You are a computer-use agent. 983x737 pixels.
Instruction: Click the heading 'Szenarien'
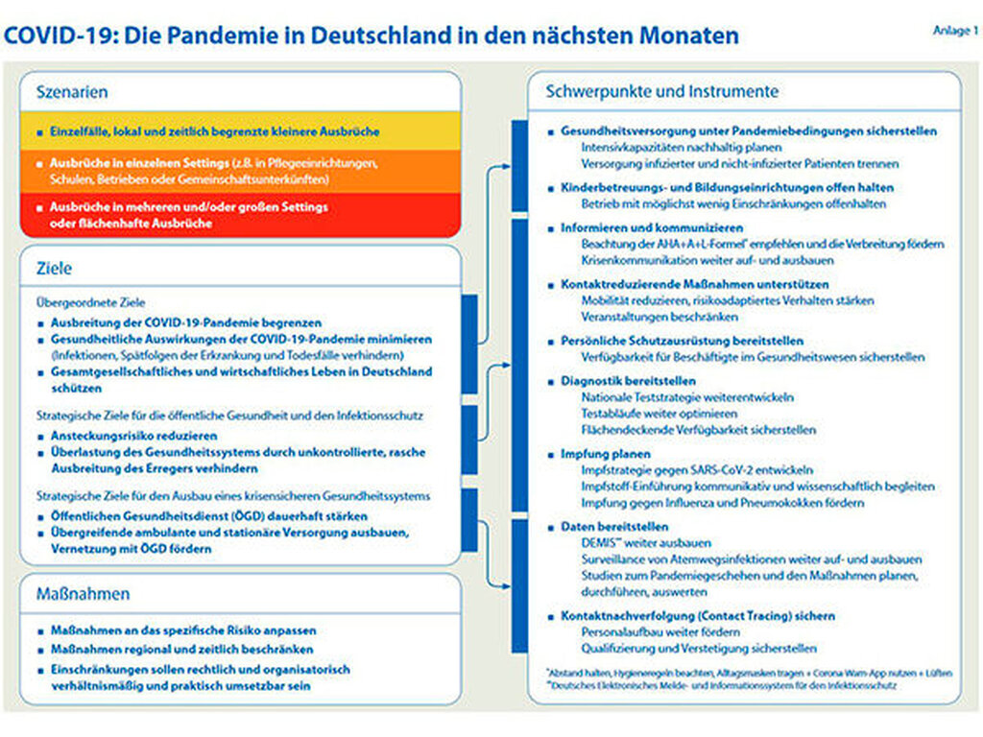click(x=72, y=92)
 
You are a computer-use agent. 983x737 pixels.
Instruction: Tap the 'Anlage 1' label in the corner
click(x=955, y=31)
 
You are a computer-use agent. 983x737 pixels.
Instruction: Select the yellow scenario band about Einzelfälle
click(x=240, y=131)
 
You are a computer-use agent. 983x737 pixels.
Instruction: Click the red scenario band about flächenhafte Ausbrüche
click(x=240, y=215)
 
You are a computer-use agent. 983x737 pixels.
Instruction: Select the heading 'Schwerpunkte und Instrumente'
click(x=662, y=92)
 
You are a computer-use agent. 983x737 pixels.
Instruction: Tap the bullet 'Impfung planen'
click(x=606, y=454)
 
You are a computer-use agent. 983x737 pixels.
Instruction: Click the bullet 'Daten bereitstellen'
click(x=614, y=527)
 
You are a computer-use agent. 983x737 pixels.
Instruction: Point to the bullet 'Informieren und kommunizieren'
click(x=652, y=228)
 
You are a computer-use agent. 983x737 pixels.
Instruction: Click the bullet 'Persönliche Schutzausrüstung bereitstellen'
click(x=682, y=341)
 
